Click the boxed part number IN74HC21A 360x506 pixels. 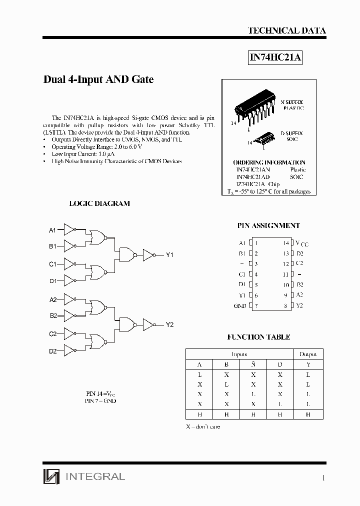point(275,57)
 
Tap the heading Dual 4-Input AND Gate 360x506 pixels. point(98,79)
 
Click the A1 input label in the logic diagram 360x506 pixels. point(52,230)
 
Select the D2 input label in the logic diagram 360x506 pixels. point(52,351)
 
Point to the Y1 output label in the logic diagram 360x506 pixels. point(169,255)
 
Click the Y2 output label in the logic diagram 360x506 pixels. point(169,324)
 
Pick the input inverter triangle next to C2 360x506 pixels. point(69,333)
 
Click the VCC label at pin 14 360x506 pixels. point(302,243)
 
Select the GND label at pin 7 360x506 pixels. point(240,305)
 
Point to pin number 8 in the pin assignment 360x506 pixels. point(286,305)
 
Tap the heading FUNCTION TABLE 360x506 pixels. point(258,337)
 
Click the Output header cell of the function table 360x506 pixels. point(308,354)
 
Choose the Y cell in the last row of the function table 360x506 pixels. point(308,414)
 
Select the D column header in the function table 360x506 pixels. point(280,364)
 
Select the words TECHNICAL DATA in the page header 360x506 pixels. point(286,30)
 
